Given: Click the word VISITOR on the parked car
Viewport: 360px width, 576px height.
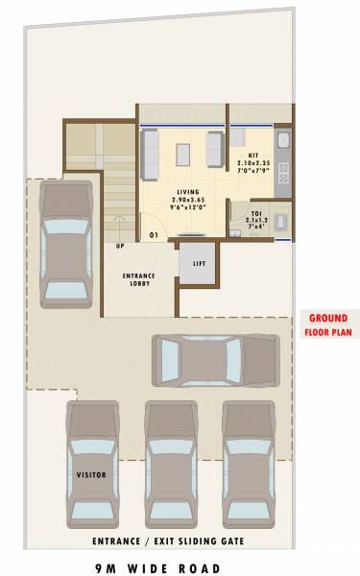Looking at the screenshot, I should [90, 474].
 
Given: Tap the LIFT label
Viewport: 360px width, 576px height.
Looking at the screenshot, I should [199, 263].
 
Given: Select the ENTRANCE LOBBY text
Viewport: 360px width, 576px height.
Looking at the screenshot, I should [139, 280].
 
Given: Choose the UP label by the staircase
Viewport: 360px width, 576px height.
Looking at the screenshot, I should [120, 246].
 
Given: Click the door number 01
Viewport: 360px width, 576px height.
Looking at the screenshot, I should [152, 234].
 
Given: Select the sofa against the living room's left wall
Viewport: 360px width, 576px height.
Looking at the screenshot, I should [152, 154].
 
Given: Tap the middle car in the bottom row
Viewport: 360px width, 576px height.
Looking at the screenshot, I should [169, 462].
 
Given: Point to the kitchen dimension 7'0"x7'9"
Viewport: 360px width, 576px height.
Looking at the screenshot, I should [252, 170].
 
